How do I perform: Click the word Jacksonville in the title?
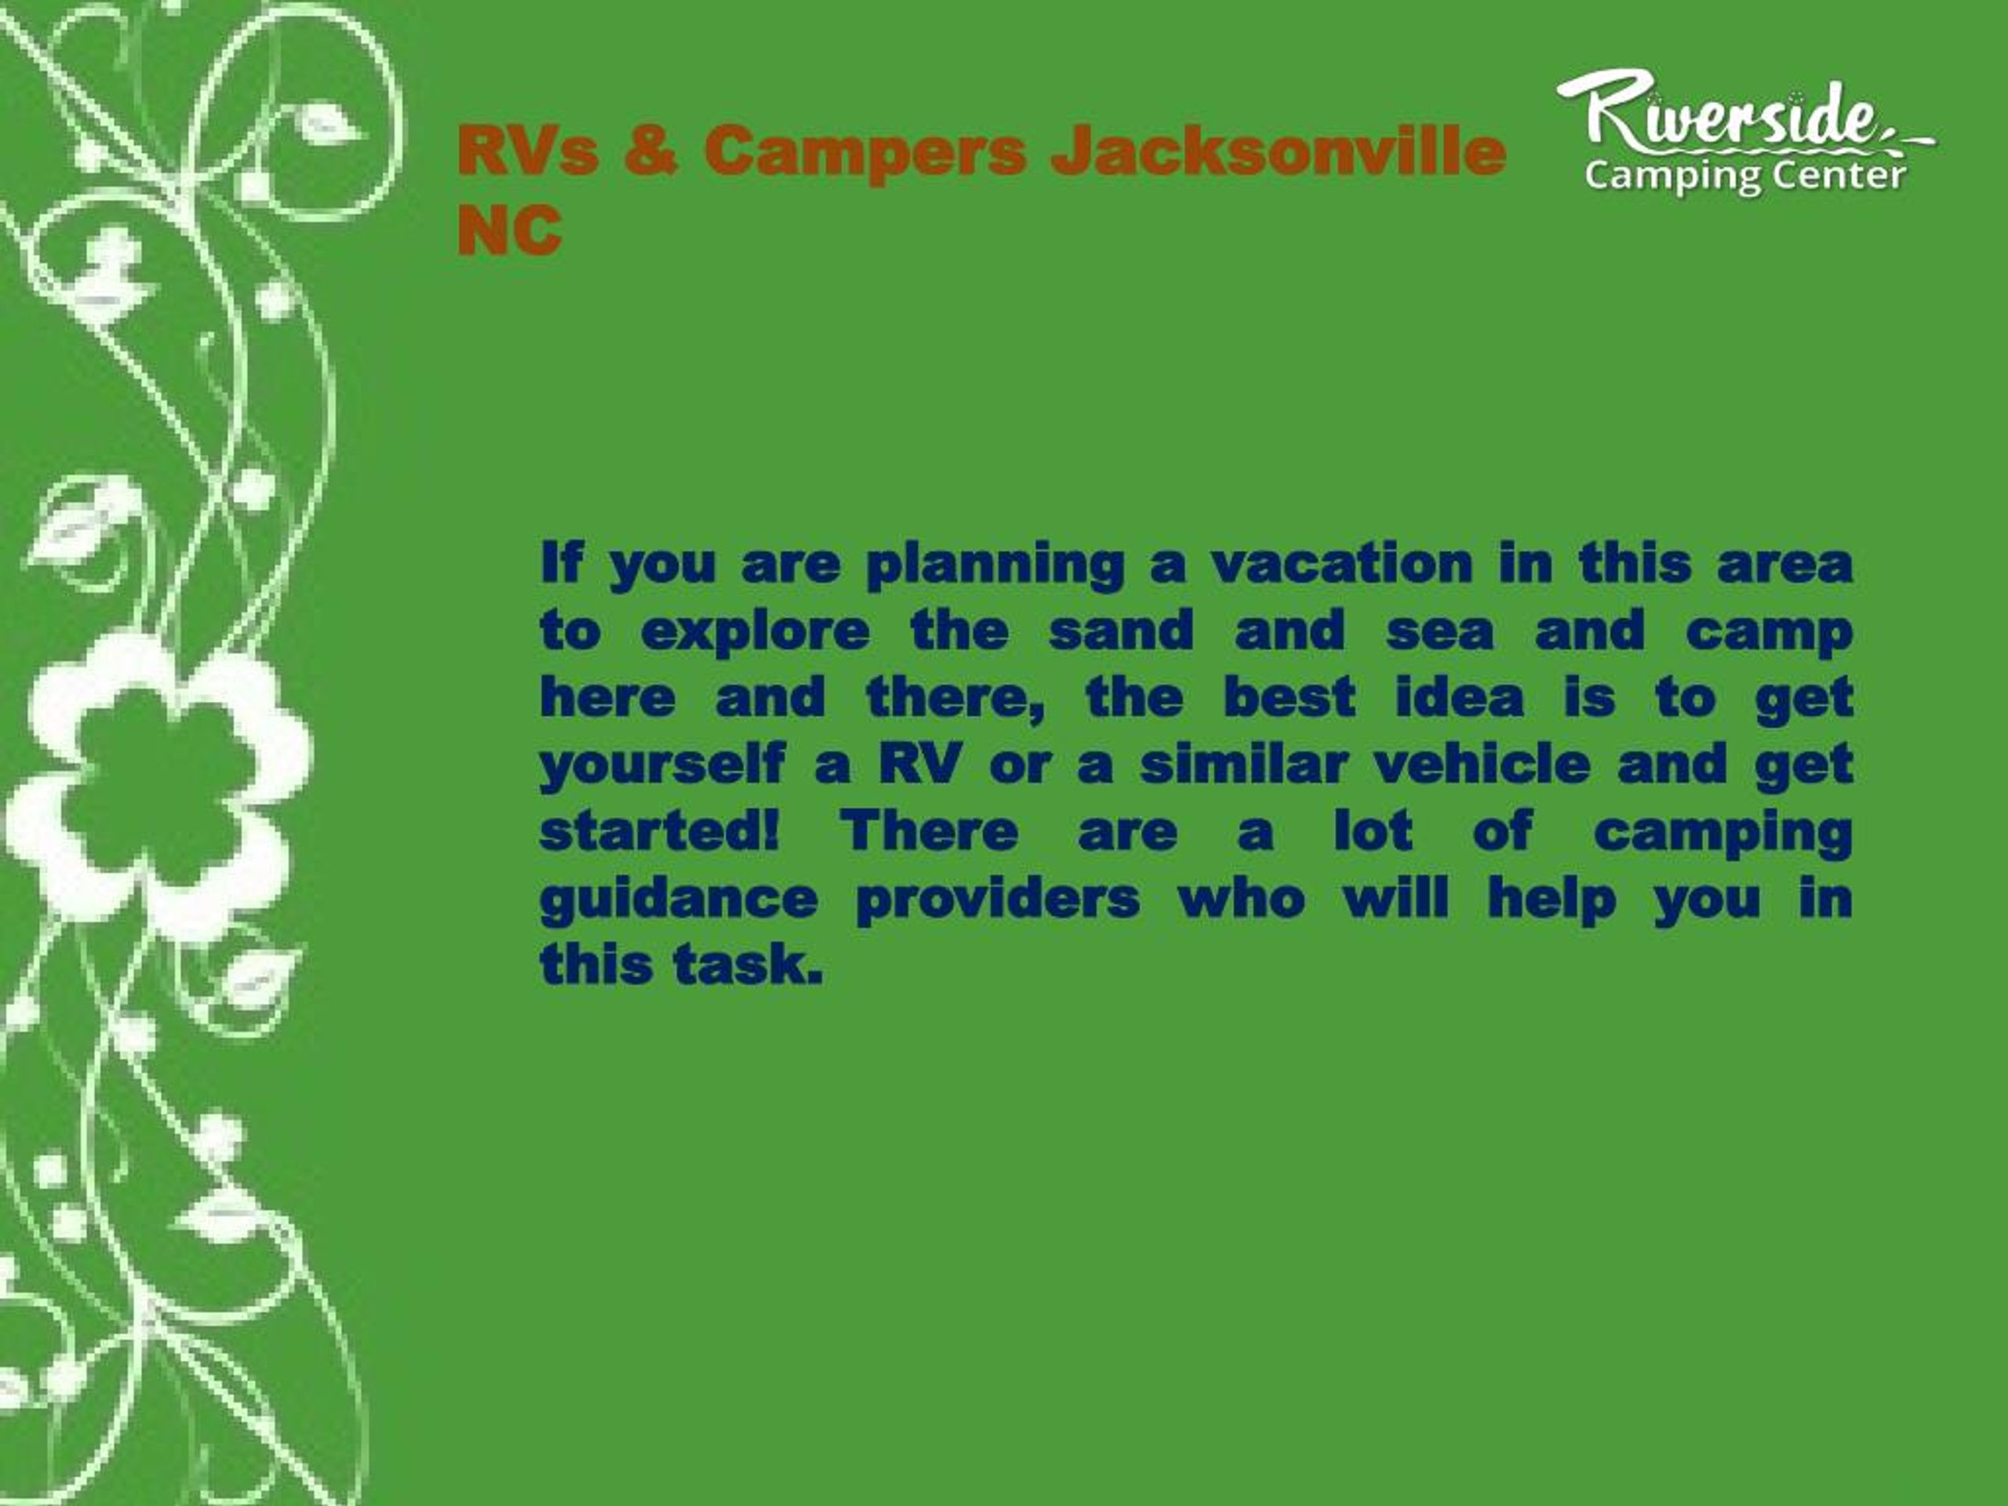1279,151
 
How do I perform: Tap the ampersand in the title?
651,151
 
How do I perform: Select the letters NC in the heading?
509,230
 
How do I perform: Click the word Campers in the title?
865,152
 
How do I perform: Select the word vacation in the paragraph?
1343,564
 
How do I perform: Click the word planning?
995,566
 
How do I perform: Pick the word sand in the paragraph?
1121,630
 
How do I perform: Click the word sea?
1440,631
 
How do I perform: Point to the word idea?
1460,697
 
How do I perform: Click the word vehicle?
1482,763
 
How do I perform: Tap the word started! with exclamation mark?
660,831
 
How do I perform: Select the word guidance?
679,900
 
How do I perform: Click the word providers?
998,900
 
